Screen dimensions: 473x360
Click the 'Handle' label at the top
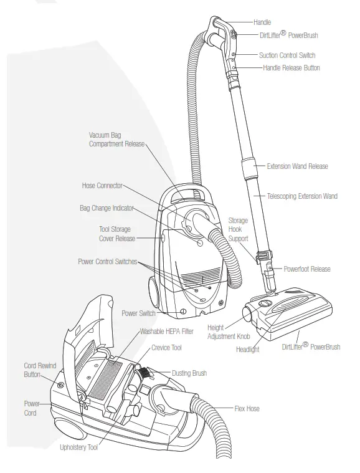(x=262, y=22)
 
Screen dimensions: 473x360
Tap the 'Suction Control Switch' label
(x=287, y=55)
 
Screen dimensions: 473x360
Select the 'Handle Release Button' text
(x=291, y=67)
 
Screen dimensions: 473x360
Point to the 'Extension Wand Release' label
(x=297, y=166)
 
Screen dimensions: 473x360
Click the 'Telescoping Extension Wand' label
(x=301, y=196)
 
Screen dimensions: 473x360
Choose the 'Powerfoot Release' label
(x=306, y=269)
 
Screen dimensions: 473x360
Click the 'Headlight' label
(x=247, y=350)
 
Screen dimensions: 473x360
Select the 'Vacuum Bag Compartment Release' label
(x=116, y=139)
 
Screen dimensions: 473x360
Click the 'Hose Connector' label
(x=102, y=185)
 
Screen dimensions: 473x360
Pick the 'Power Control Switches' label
(x=107, y=261)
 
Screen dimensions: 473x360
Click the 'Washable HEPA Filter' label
(x=166, y=332)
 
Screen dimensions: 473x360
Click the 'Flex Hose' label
(x=247, y=409)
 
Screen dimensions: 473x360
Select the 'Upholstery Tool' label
(x=78, y=447)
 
